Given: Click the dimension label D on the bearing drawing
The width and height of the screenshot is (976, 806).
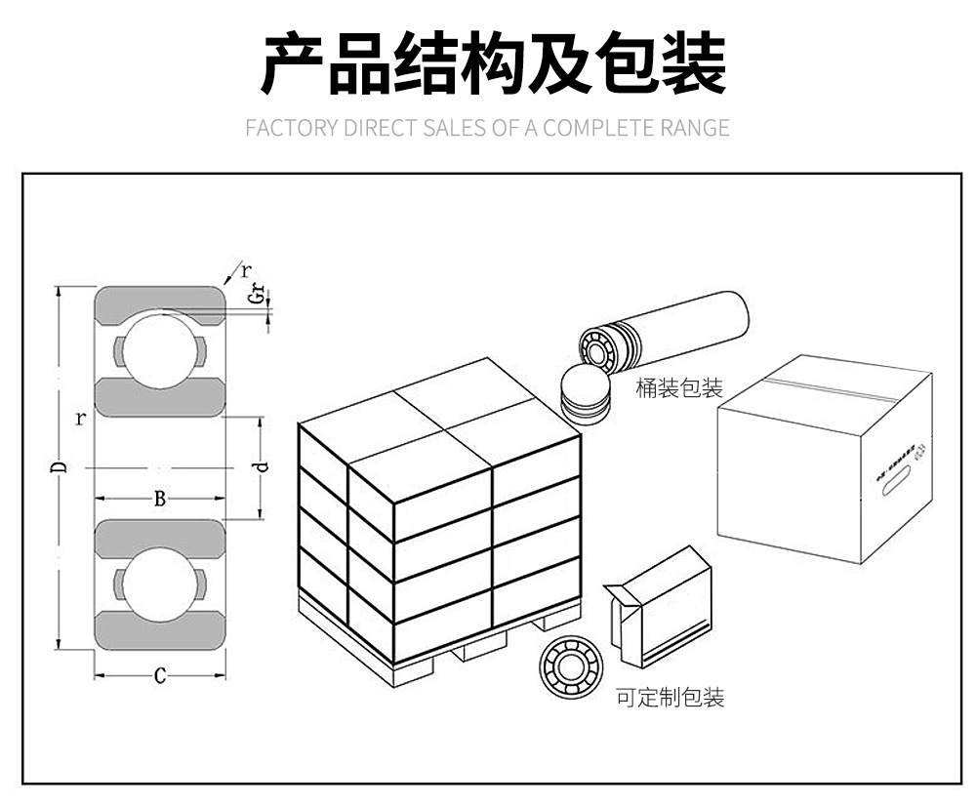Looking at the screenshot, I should click(61, 468).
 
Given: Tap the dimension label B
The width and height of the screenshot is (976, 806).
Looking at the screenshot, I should click(160, 500).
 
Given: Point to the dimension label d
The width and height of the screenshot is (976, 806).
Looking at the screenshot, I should click(261, 466).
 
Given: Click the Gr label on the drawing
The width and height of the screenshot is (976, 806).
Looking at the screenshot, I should click(257, 294).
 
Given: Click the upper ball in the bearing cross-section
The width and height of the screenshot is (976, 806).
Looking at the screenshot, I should click(160, 349).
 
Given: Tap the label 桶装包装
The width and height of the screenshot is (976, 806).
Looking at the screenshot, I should click(679, 388).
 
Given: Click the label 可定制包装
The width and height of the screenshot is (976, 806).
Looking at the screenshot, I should click(671, 698).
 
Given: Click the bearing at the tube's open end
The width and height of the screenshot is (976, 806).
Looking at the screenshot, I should click(596, 347).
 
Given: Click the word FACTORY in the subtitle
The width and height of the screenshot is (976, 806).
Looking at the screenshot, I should click(291, 128).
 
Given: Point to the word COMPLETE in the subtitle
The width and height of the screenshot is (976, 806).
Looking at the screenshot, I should click(592, 128).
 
